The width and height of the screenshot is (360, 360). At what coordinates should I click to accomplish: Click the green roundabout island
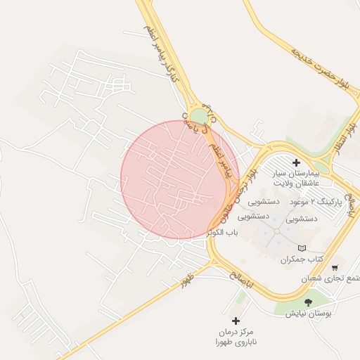click(199, 116)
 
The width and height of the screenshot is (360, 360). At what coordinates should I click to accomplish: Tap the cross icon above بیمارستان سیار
click(296, 162)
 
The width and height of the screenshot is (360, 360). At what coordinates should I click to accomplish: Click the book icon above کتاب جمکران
click(302, 248)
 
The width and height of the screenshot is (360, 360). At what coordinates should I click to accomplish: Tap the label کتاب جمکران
click(302, 259)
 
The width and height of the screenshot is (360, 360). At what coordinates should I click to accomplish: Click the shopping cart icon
click(335, 267)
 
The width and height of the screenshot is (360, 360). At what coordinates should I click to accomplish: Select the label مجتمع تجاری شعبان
click(330, 278)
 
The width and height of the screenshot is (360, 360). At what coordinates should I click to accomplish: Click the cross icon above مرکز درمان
click(236, 321)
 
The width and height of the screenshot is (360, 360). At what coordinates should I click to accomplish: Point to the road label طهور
click(187, 280)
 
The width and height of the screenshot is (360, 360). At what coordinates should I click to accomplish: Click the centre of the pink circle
click(180, 179)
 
